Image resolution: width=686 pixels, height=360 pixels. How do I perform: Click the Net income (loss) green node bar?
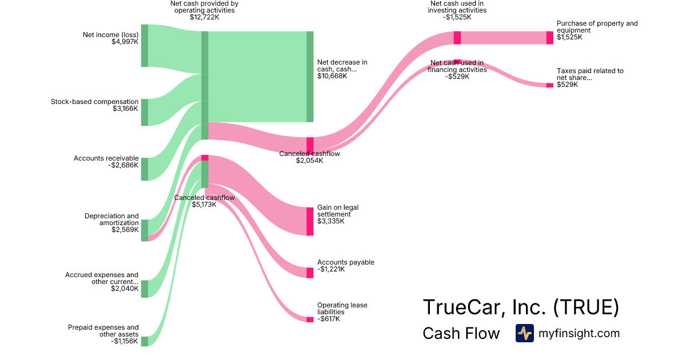tap(145, 46)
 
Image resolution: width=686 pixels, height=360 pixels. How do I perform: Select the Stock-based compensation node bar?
tap(145, 112)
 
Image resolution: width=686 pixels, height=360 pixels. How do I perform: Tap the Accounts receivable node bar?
tap(145, 169)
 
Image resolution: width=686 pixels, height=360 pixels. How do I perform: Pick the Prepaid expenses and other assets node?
tap(145, 341)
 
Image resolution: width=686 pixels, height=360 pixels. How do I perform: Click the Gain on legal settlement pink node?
tap(310, 221)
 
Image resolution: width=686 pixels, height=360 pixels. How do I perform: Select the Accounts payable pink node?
tap(310, 273)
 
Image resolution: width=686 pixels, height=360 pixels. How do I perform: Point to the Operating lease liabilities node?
tap(310, 319)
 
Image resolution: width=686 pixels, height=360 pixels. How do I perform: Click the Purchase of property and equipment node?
tap(550, 38)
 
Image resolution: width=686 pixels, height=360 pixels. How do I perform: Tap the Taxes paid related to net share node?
tap(550, 85)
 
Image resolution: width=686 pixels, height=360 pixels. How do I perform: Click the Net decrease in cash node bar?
tap(310, 77)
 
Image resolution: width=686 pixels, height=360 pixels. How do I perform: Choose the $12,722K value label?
tap(205, 17)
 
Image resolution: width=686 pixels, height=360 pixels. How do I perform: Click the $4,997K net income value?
tap(125, 42)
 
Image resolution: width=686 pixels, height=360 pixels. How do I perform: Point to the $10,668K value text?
tap(332, 76)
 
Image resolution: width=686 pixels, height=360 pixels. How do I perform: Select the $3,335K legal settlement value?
tap(331, 221)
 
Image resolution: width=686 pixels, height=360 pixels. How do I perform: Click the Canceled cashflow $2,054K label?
tap(309, 157)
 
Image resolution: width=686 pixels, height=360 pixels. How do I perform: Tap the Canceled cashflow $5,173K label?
tap(204, 201)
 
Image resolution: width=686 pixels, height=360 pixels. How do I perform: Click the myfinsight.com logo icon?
tap(524, 333)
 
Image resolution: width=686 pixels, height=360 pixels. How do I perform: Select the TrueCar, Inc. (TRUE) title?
tap(520, 307)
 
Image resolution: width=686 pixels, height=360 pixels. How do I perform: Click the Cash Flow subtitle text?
tap(461, 333)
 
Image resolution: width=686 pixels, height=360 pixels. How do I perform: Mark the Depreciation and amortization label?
tap(111, 223)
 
